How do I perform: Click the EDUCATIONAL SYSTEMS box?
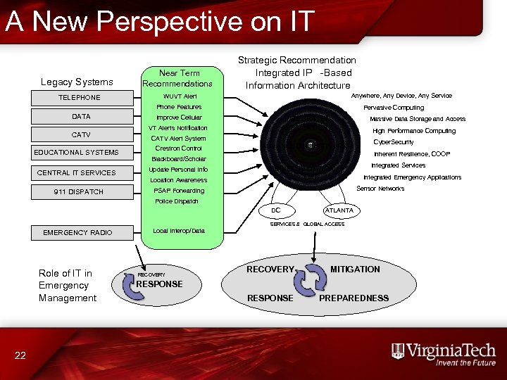[77, 153]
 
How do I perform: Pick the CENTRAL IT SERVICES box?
[77, 172]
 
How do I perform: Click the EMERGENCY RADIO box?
[77, 232]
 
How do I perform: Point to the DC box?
[276, 210]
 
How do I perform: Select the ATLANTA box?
[339, 210]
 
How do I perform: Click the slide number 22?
[20, 355]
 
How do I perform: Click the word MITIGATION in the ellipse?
[355, 270]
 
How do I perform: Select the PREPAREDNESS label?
[353, 298]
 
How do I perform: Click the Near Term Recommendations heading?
[180, 78]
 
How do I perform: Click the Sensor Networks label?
[380, 189]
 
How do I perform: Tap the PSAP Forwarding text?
[179, 191]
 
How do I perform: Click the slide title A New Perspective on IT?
[159, 21]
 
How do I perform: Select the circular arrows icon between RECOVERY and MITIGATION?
[311, 283]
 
